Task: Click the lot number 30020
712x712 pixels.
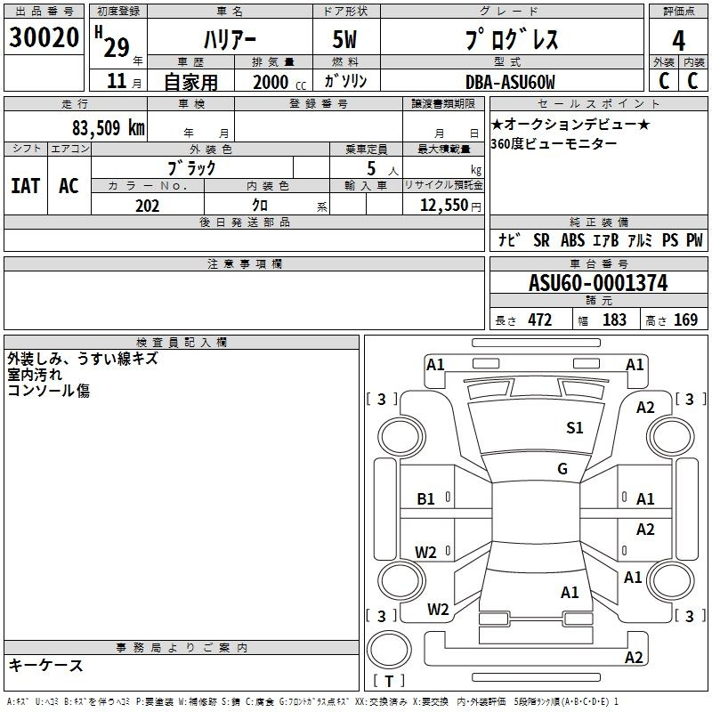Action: tap(44, 37)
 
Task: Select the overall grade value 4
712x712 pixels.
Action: tap(678, 41)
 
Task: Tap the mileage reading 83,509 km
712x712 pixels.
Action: tap(109, 128)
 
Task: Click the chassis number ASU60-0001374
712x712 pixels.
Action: tap(598, 283)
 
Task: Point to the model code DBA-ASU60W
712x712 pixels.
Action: tap(510, 82)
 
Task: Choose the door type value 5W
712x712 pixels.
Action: tap(344, 39)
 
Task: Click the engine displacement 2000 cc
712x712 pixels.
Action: tap(279, 82)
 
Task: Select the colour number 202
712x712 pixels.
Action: tap(147, 206)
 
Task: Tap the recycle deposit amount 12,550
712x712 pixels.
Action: tap(444, 206)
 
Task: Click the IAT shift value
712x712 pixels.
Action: tap(26, 186)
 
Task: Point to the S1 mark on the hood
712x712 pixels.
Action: tap(574, 427)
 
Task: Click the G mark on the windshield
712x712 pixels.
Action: tap(562, 468)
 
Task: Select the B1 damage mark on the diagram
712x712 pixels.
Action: tap(425, 499)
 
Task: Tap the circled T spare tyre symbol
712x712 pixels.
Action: tap(389, 650)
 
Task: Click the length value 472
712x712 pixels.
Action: tap(540, 320)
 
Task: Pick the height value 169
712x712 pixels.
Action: tap(685, 320)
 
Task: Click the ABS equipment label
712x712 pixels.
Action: tap(572, 240)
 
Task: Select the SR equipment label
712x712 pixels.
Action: tap(541, 240)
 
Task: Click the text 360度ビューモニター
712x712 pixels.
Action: tap(554, 144)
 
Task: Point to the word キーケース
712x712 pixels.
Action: tap(46, 665)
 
